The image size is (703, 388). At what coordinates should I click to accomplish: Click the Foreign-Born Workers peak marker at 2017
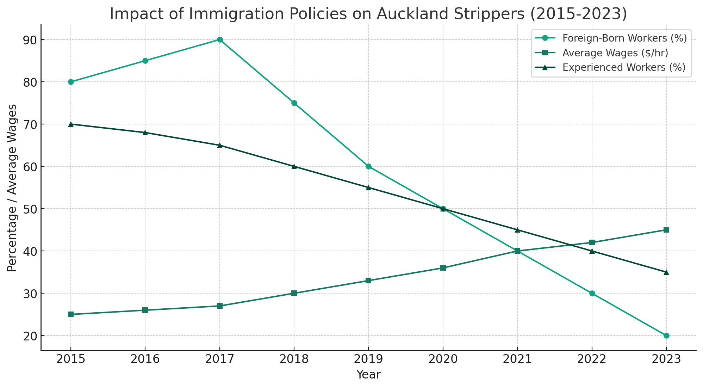[x=220, y=39]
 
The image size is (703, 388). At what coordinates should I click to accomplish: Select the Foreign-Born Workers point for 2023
[x=666, y=335]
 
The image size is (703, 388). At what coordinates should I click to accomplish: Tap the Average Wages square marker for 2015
[x=71, y=314]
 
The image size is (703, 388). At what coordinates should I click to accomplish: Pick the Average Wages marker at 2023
[x=666, y=230]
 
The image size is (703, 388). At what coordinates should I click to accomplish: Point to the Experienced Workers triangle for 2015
[x=71, y=124]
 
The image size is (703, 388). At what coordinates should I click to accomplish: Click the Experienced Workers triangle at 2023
[x=666, y=272]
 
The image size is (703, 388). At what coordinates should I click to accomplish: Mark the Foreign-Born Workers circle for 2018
[x=294, y=103]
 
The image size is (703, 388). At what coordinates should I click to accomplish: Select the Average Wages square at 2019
[x=368, y=281]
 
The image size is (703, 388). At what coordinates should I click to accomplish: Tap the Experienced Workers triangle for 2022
[x=592, y=251]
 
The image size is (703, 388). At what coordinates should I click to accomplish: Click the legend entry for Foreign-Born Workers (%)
[x=624, y=38]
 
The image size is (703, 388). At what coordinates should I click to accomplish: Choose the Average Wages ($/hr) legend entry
[x=615, y=53]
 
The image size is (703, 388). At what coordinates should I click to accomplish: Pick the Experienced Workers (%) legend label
[x=624, y=67]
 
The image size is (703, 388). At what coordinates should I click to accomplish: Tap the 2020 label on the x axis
[x=443, y=359]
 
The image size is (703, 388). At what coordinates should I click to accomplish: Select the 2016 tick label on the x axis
[x=145, y=359]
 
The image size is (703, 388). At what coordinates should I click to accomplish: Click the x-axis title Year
[x=368, y=375]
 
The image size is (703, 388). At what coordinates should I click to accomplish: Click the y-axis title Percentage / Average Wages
[x=12, y=187]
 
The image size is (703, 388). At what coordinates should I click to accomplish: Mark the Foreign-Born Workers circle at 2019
[x=368, y=166]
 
